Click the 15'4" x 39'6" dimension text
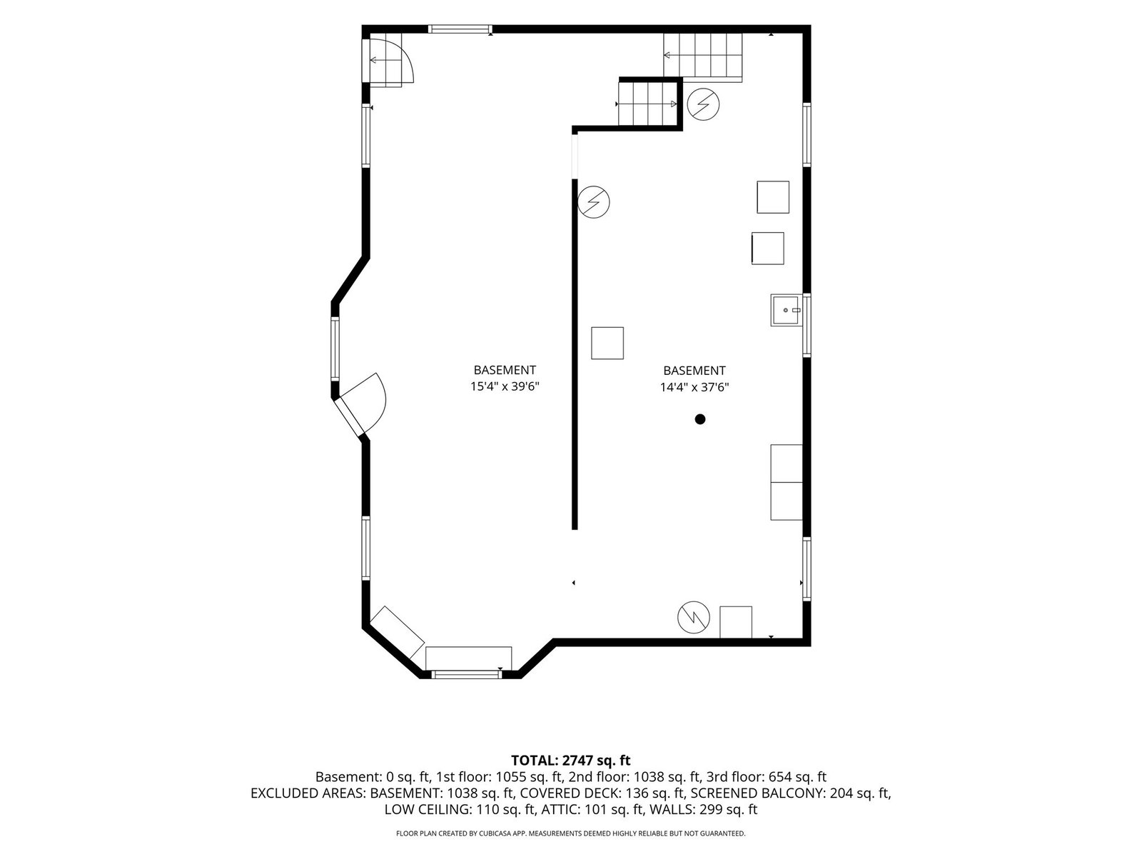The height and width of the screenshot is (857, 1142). (504, 386)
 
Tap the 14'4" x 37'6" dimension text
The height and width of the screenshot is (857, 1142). (694, 387)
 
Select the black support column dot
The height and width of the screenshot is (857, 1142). (699, 419)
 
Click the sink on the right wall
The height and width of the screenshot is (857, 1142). (786, 310)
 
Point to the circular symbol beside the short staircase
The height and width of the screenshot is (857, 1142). (703, 104)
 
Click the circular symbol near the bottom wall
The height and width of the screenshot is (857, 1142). (694, 617)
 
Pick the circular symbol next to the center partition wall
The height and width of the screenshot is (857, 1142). (594, 202)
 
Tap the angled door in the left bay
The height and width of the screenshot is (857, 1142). (360, 404)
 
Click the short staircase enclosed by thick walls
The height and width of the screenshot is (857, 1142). (648, 104)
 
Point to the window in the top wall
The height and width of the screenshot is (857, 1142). (460, 29)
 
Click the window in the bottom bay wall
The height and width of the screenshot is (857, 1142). (465, 674)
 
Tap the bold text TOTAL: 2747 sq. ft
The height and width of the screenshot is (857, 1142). (571, 760)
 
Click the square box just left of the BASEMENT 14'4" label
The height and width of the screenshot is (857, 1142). (607, 343)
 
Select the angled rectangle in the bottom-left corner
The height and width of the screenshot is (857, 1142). (398, 632)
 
